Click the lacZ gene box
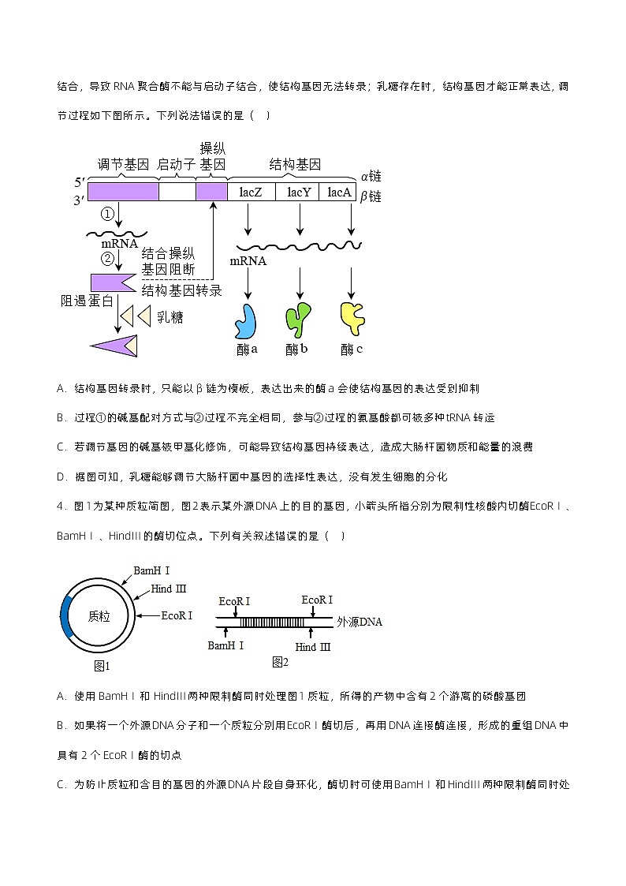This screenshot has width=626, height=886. (252, 192)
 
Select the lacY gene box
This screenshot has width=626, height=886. (299, 192)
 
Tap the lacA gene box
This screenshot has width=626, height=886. (339, 192)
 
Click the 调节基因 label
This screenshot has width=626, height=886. (123, 165)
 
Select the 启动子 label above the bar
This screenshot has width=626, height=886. (176, 165)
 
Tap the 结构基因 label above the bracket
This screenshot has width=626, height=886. (295, 165)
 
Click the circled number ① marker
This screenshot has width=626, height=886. (108, 214)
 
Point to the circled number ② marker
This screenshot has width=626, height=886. (108, 258)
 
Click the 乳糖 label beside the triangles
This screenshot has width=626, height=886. (170, 317)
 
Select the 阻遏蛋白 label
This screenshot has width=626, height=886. (87, 301)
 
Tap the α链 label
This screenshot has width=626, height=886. (371, 177)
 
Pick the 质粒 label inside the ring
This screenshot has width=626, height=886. (99, 617)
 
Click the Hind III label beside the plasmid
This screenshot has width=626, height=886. (169, 589)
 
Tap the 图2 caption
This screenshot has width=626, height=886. (280, 662)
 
